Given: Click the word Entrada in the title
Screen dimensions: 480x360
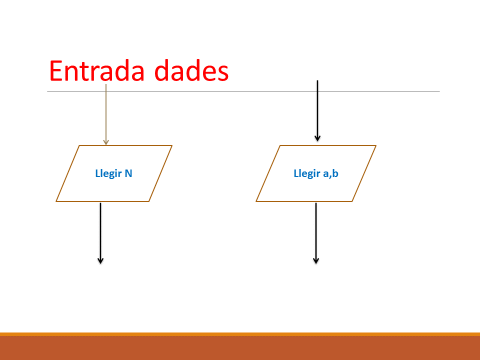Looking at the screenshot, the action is pos(96,70).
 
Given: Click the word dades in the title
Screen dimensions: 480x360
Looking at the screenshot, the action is pos(191,70).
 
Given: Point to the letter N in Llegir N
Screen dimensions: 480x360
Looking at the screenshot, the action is pos(128,173).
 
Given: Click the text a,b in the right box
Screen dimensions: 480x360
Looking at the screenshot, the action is pos(330,173).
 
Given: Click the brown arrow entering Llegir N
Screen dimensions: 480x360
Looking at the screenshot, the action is pos(106,114).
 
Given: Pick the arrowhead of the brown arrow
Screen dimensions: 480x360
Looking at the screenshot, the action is pos(106,142).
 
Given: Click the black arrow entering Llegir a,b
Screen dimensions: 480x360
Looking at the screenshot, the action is pos(317,111).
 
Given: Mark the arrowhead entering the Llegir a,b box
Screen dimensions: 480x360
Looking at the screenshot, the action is pos(317,138).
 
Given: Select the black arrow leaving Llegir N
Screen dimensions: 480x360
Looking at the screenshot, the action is pos(100,233).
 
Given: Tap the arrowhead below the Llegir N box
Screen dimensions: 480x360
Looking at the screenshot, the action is pos(100,260).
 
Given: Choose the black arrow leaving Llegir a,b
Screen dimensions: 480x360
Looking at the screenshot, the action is pos(316,233).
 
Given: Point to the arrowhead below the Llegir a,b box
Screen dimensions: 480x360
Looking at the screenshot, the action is pos(316,260).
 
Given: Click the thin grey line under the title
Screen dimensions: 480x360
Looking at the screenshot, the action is pos(243,91).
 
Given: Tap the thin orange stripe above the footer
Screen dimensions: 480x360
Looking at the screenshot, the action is pos(240,334).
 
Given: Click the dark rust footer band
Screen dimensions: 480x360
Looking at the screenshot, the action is pos(240,348).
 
